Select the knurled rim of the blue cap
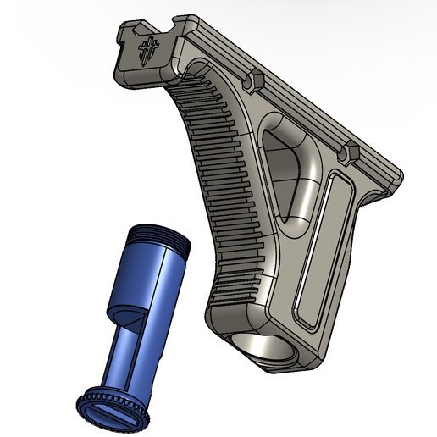[93, 398]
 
